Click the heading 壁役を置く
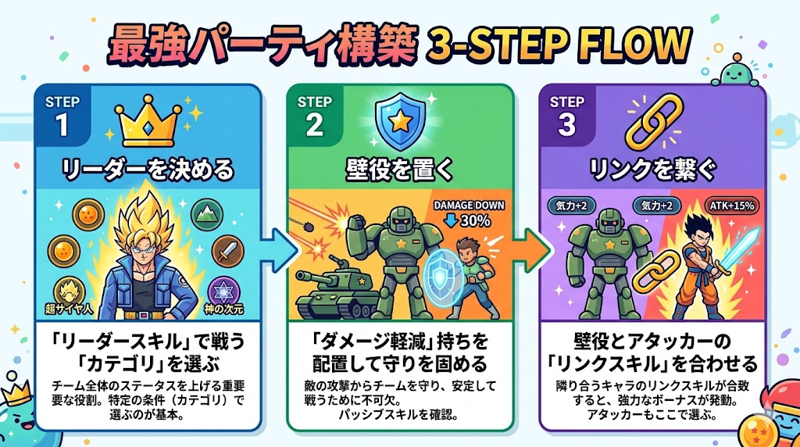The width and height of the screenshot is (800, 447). (x=400, y=166)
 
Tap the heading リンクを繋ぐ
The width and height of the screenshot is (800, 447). (x=653, y=166)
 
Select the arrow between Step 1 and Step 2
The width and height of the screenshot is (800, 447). (x=278, y=251)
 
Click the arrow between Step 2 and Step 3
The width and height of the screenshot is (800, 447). (x=530, y=251)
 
